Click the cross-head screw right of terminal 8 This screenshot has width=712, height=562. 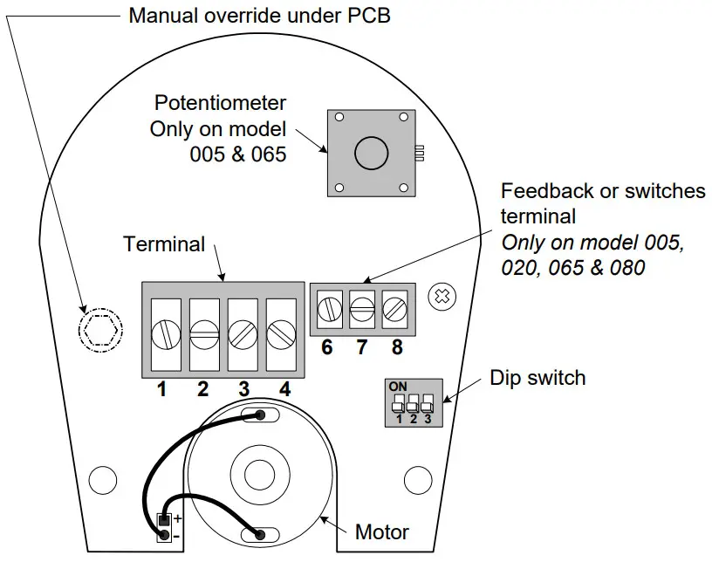pyautogui.click(x=442, y=296)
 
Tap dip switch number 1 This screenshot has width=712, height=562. pyautogui.click(x=398, y=404)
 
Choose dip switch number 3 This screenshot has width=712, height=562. pyautogui.click(x=428, y=404)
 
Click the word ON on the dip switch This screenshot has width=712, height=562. pyautogui.click(x=398, y=386)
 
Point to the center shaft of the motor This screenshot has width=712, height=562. pyautogui.click(x=259, y=476)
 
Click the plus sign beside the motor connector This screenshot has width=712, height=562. pyautogui.click(x=177, y=518)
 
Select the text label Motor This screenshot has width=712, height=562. pyautogui.click(x=382, y=531)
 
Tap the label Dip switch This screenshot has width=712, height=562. pyautogui.click(x=537, y=378)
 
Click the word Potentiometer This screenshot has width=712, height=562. pyautogui.click(x=220, y=103)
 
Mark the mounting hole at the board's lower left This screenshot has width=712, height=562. pyautogui.click(x=103, y=477)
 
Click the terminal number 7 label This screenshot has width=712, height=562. pyautogui.click(x=361, y=347)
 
